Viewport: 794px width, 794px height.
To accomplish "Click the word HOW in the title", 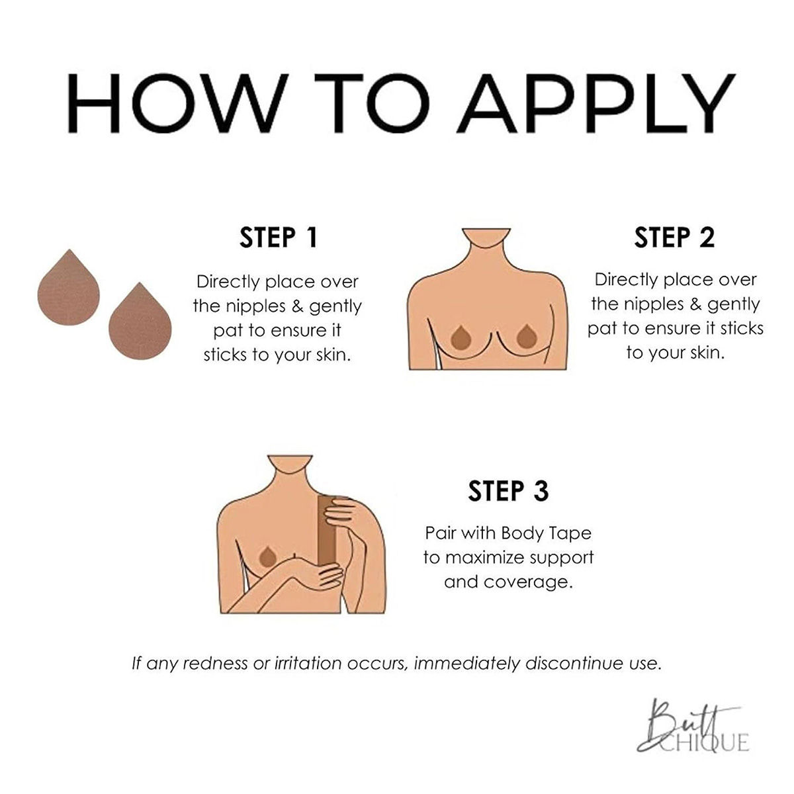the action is pos(177,103).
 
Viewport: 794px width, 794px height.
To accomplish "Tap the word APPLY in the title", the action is pos(595,103).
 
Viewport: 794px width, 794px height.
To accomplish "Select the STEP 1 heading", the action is pos(278,238).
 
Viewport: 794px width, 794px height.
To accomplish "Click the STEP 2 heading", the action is pos(674,238).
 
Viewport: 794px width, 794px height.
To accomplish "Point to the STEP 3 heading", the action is pos(508,491).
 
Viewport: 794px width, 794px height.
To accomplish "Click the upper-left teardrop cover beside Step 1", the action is pos(68,288).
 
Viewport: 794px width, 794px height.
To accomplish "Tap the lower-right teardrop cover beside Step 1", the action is pos(140,322).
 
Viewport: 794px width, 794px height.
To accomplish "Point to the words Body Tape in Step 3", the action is pos(547,534).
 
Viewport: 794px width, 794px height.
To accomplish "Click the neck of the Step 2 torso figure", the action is pos(486,243).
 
